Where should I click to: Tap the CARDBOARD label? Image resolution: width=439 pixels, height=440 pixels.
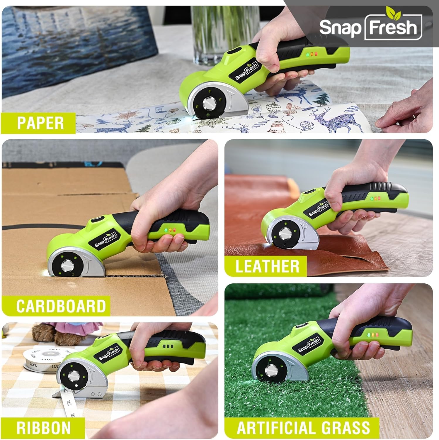(61, 306)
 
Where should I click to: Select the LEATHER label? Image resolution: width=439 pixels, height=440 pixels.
(267, 266)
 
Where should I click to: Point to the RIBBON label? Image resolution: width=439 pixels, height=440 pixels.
(44, 428)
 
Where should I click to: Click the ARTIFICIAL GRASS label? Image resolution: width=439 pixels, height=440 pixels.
(303, 428)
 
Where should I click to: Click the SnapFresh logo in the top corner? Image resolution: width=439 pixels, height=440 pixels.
(370, 27)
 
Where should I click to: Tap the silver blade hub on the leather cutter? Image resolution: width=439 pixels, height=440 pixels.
(284, 234)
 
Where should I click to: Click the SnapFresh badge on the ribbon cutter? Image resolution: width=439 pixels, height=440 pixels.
(109, 354)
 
